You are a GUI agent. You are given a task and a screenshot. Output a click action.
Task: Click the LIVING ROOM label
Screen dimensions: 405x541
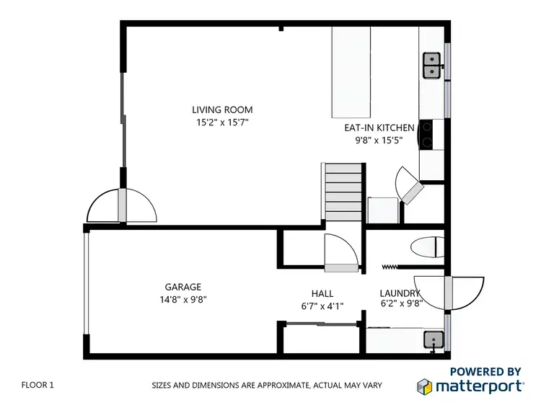(222, 110)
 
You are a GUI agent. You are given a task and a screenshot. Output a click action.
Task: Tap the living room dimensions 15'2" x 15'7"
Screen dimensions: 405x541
(222, 123)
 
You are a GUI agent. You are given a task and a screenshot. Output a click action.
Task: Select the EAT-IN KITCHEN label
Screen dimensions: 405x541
(379, 128)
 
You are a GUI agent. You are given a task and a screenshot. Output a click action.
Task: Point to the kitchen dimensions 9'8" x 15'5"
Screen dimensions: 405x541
(379, 141)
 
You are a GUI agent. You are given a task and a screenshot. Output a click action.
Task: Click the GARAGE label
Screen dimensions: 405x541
(182, 286)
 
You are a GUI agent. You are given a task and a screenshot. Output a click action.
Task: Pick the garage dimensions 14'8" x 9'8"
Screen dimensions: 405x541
(183, 299)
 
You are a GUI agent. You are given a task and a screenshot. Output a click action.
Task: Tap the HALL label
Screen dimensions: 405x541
(322, 293)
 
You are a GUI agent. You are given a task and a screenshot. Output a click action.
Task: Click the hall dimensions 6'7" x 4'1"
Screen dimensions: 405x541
(322, 306)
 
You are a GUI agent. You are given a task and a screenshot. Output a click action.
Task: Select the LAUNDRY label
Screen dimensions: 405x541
(400, 293)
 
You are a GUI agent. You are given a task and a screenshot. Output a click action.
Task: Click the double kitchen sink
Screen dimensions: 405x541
(431, 65)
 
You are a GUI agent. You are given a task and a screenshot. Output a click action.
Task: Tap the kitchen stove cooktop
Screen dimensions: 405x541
(426, 133)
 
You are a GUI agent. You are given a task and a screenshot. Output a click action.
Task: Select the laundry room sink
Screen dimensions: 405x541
(433, 338)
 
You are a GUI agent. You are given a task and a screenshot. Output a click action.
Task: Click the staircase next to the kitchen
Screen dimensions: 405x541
(343, 190)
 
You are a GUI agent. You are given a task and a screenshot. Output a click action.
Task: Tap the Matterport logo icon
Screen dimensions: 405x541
(425, 386)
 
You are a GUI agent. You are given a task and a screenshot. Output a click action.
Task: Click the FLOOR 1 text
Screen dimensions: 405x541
(38, 385)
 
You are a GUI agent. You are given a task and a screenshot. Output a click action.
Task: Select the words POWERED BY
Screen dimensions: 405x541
(485, 371)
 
